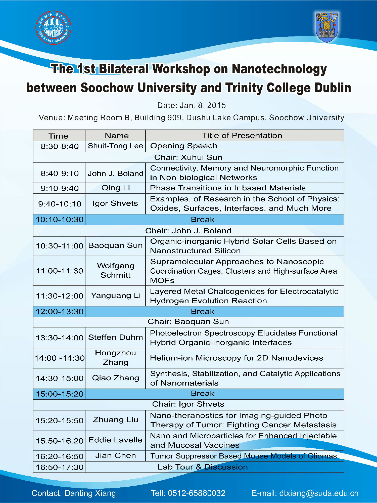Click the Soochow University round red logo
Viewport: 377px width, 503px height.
(53, 27)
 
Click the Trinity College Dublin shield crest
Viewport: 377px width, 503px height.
(326, 27)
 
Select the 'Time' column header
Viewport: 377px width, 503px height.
(58, 136)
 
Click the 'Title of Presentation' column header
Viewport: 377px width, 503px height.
(242, 135)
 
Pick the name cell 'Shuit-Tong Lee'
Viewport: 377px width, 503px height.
(115, 146)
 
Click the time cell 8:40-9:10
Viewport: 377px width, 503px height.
(60, 173)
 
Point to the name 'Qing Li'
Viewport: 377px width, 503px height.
(115, 188)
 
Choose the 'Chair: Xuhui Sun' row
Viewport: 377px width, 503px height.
(188, 157)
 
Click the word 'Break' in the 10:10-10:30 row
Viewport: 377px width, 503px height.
(203, 220)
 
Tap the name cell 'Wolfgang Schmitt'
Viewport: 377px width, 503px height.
(115, 270)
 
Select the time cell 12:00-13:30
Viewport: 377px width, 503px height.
(60, 311)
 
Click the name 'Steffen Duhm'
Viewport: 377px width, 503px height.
(115, 337)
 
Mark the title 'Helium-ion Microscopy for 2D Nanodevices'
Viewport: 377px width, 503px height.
(237, 358)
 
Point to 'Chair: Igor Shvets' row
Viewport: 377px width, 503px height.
(188, 404)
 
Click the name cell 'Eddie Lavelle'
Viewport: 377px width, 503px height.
(115, 440)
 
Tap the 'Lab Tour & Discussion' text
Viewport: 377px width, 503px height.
(203, 467)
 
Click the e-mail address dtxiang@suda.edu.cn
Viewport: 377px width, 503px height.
(319, 493)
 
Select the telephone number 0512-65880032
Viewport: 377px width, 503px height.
(197, 493)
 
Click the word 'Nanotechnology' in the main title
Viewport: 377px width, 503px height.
(279, 69)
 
